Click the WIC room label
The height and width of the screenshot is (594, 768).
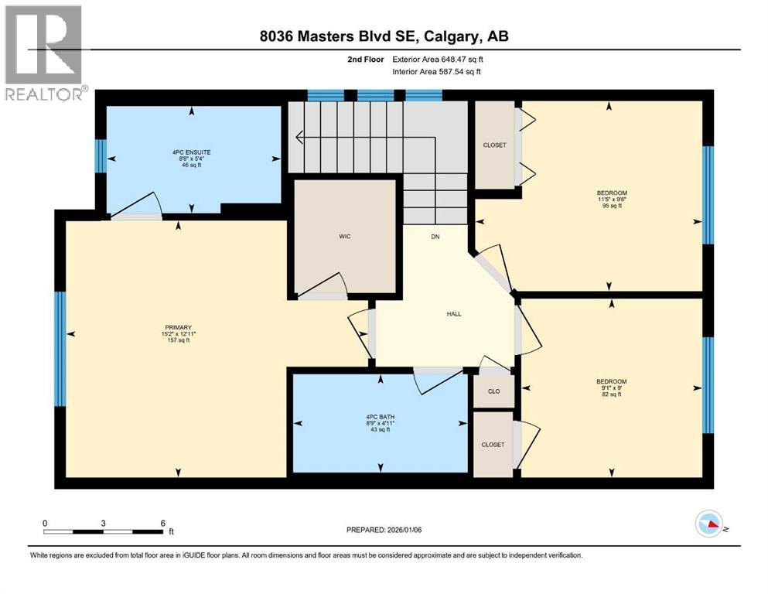345,236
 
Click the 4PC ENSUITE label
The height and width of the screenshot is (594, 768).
191,152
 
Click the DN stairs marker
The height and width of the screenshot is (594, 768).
435,237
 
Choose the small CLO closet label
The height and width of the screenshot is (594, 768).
493,391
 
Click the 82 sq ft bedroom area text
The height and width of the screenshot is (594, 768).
611,394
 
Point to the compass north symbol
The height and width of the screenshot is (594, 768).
708,525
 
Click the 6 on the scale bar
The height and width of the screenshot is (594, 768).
162,523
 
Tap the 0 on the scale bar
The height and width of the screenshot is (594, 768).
45,523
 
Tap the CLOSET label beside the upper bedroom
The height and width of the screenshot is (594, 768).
494,145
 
